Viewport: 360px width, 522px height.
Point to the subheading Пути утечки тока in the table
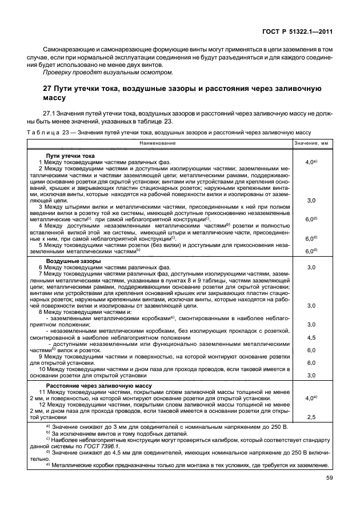click(70, 156)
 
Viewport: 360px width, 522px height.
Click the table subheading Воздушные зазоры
click(74, 261)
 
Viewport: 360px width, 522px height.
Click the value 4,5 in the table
click(311, 337)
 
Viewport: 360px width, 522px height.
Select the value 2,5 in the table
click(311, 417)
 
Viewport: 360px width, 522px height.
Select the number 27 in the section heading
click(48, 89)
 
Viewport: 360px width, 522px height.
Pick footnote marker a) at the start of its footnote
click(48, 427)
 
